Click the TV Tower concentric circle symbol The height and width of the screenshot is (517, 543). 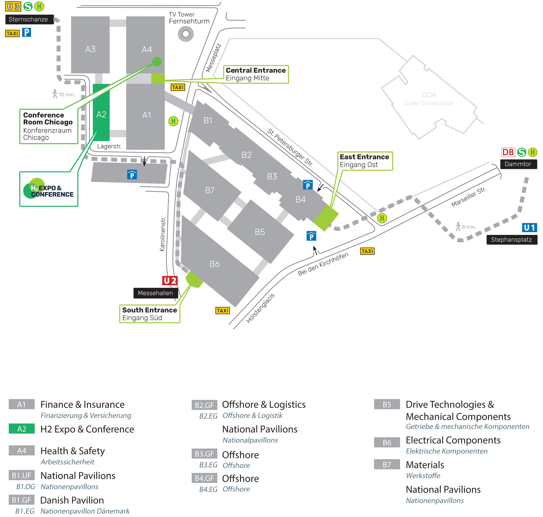[x=185, y=34]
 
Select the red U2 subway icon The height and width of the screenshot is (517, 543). [x=169, y=281]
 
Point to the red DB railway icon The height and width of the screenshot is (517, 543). [x=508, y=152]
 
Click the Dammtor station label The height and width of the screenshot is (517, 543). [x=518, y=164]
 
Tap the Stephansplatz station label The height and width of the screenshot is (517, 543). [x=511, y=240]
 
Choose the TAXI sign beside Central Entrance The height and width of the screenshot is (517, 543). [x=178, y=87]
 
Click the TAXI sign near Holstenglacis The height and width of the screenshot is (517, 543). [x=223, y=311]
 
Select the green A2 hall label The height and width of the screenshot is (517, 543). [x=101, y=114]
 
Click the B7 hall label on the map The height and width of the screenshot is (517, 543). [x=210, y=190]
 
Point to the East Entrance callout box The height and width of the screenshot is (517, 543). [x=365, y=161]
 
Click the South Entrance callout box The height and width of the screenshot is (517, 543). [x=149, y=314]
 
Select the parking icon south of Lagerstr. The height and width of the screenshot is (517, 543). [x=132, y=175]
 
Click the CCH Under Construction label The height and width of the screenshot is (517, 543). [x=429, y=99]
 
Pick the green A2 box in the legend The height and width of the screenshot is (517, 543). [x=21, y=429]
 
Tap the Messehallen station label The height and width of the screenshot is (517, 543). [x=156, y=293]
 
